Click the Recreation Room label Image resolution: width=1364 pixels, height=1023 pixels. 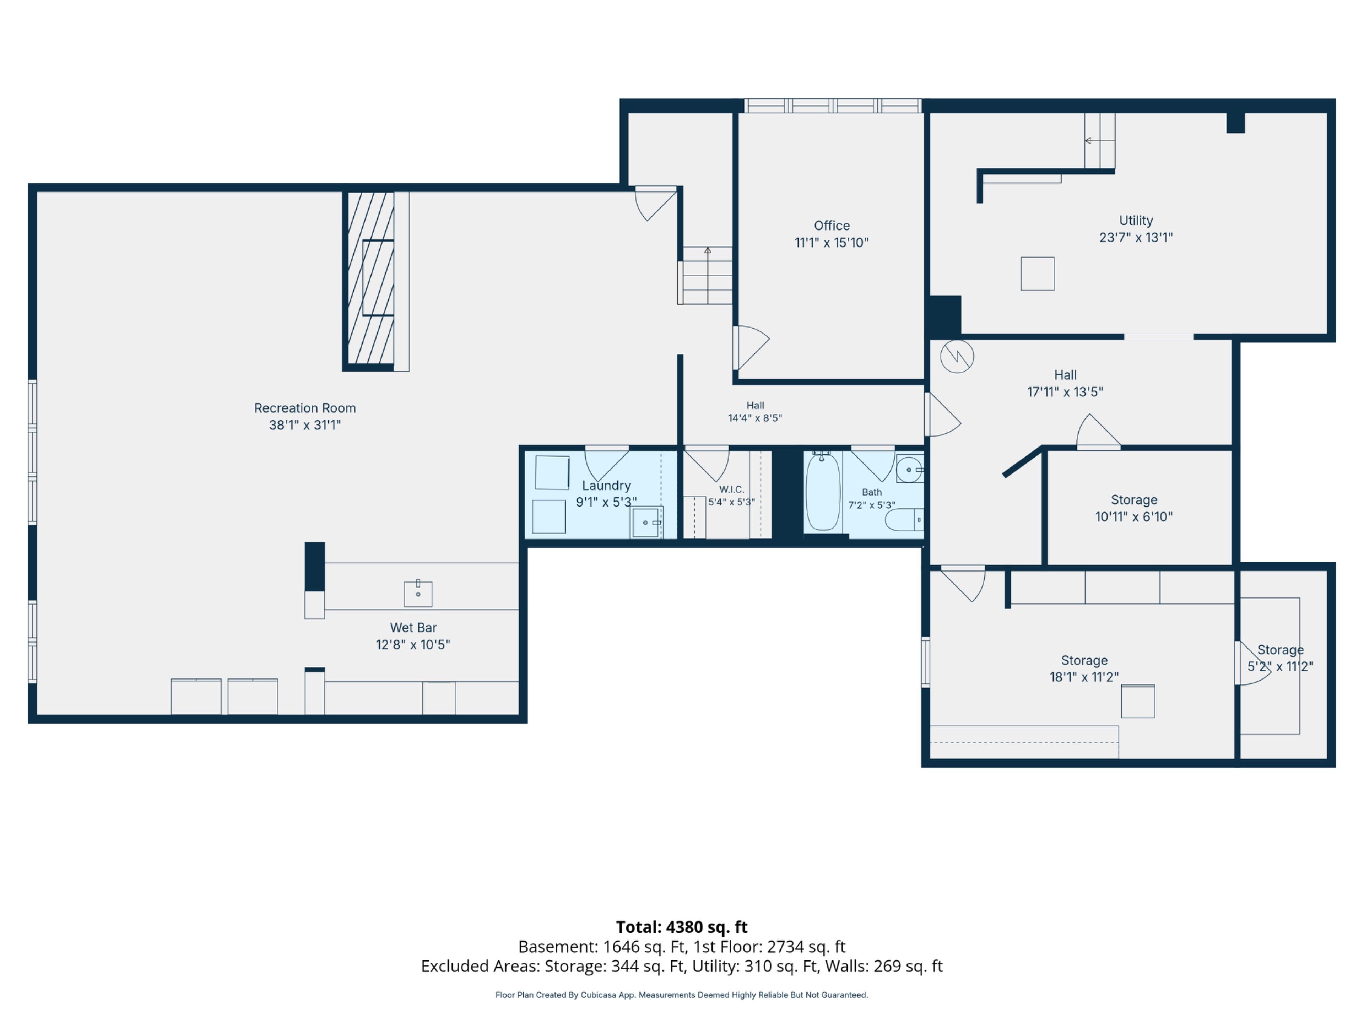click(305, 408)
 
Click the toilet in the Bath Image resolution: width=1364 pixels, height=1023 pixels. click(904, 520)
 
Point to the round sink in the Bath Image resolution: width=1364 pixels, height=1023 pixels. click(909, 470)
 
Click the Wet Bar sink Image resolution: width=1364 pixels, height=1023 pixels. click(418, 593)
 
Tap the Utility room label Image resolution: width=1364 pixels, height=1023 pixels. click(1136, 221)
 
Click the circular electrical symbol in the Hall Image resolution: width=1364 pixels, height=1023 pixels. click(957, 356)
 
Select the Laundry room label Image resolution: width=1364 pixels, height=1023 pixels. click(606, 486)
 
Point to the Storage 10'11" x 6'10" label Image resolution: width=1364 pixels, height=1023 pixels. click(1134, 508)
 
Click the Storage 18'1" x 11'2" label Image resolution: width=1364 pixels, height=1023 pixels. click(1084, 669)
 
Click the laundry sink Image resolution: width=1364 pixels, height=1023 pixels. click(646, 522)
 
